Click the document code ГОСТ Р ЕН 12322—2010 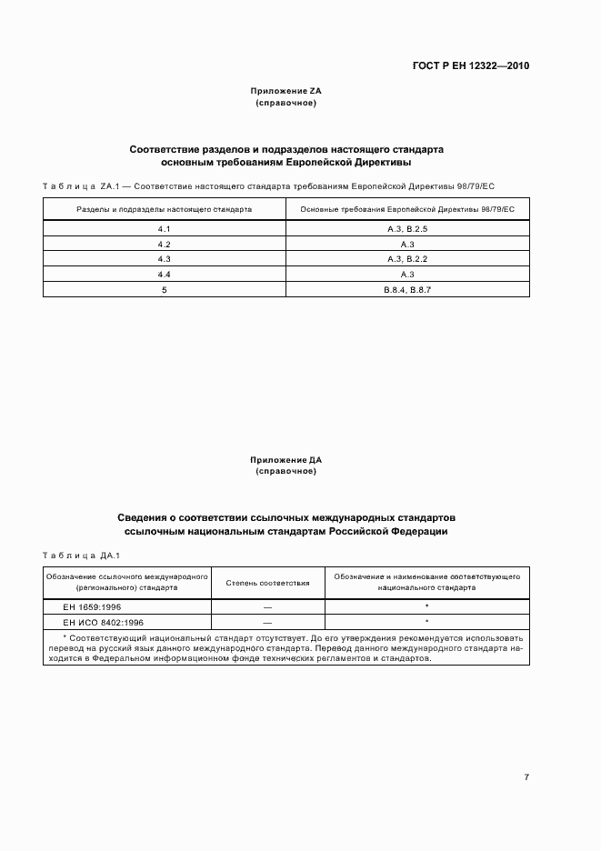point(472,66)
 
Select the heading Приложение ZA point(286,92)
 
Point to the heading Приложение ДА point(286,461)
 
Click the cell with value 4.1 point(165,230)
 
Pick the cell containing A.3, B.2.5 point(407,230)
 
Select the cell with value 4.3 point(165,259)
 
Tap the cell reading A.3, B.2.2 point(407,259)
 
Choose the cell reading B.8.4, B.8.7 point(407,289)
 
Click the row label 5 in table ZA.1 point(165,289)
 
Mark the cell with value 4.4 point(165,274)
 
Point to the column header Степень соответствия point(267,583)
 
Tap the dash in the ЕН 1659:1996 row point(267,606)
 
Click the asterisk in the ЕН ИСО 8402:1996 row point(426,622)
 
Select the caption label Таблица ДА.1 point(82,555)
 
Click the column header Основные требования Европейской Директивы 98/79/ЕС point(407,209)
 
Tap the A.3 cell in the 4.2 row point(407,245)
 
